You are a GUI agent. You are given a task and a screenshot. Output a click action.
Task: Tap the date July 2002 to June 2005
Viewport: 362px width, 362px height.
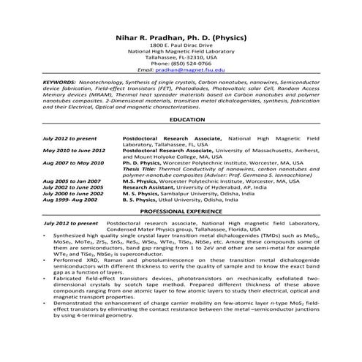[74, 186]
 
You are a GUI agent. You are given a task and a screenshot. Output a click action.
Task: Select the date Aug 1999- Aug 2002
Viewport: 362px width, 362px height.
[70, 199]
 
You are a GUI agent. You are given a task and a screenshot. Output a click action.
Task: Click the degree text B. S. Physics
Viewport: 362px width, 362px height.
[143, 199]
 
